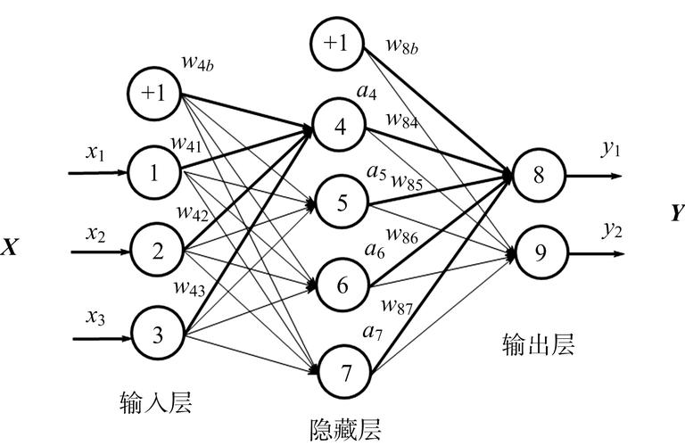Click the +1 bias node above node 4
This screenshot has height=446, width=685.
coord(337,44)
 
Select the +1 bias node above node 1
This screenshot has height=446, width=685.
coord(156,92)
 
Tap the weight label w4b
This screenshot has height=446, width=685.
coord(199,62)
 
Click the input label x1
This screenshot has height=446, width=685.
coord(95,153)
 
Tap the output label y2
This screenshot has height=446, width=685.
coord(611,229)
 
